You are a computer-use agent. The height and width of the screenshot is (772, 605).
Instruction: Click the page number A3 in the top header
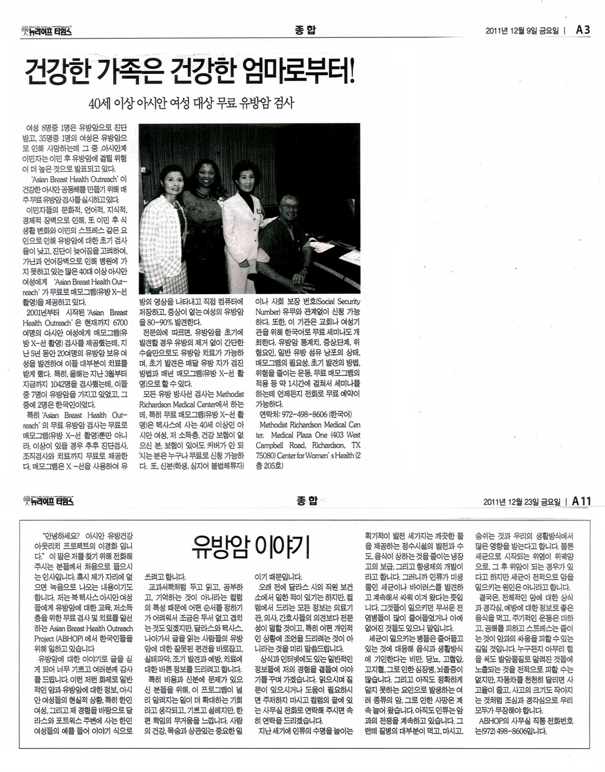coord(582,29)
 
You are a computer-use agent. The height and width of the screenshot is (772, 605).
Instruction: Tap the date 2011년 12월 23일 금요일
coord(522,501)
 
